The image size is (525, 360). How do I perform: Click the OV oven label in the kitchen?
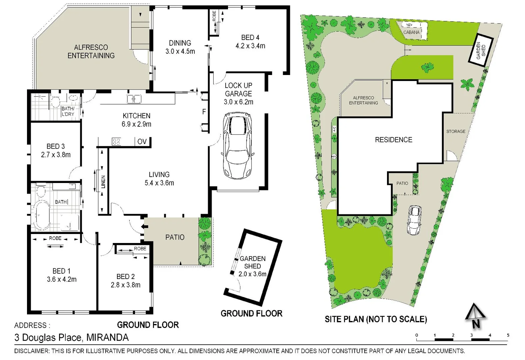(x=142, y=141)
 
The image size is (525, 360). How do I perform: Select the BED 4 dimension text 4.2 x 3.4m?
(x=250, y=46)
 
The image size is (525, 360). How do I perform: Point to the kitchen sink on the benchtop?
(x=134, y=99)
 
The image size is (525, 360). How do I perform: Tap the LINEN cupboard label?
(x=103, y=182)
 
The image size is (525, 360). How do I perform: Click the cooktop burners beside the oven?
(x=116, y=141)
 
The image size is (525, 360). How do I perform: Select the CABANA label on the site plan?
(x=411, y=32)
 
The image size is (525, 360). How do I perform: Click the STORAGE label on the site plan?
(x=456, y=131)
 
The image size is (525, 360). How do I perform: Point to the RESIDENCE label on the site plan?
(x=393, y=140)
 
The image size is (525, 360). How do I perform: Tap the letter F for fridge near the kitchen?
(x=204, y=112)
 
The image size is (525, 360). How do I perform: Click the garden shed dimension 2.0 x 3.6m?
(x=252, y=274)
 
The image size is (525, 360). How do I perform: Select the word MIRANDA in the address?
(x=107, y=337)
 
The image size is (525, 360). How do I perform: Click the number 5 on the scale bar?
(x=508, y=335)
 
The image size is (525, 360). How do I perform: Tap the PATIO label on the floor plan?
(x=175, y=237)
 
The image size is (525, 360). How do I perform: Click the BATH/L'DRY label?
(x=68, y=111)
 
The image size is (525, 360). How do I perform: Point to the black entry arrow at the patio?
(x=144, y=227)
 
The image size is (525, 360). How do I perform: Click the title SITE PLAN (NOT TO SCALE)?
(x=376, y=319)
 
